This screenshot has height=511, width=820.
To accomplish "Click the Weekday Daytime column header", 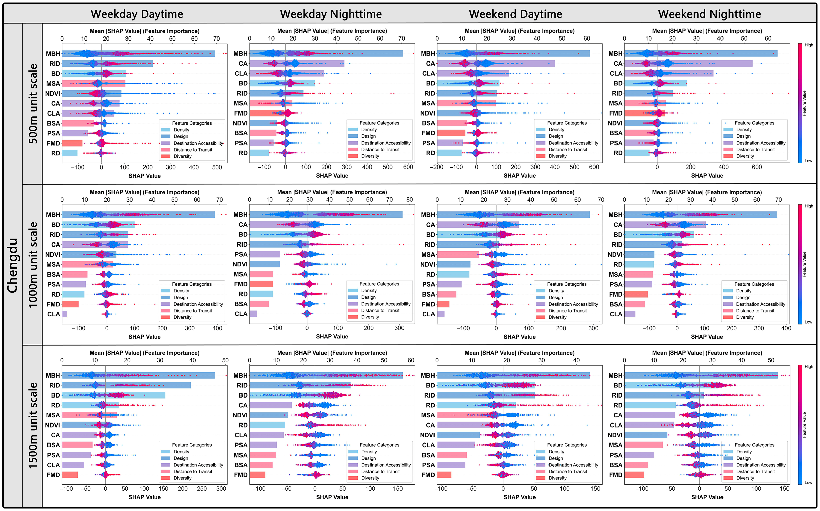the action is (x=137, y=14).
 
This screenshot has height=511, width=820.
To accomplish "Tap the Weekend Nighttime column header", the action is (x=710, y=14).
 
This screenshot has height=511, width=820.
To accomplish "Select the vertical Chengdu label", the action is (x=12, y=265).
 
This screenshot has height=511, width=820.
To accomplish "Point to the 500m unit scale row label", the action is (x=32, y=103).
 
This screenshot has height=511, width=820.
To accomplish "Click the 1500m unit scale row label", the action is (x=32, y=425).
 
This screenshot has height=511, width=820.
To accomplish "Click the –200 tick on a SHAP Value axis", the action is (x=436, y=167).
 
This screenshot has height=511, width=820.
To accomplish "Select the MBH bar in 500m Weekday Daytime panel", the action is (x=139, y=54).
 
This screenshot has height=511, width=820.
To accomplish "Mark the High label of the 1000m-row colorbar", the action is (x=809, y=206).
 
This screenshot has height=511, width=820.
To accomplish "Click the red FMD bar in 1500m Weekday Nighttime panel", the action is (x=257, y=475).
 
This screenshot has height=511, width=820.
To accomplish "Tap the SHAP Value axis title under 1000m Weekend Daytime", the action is (x=519, y=337).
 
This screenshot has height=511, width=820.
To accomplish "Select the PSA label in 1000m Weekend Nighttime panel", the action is (x=616, y=285).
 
